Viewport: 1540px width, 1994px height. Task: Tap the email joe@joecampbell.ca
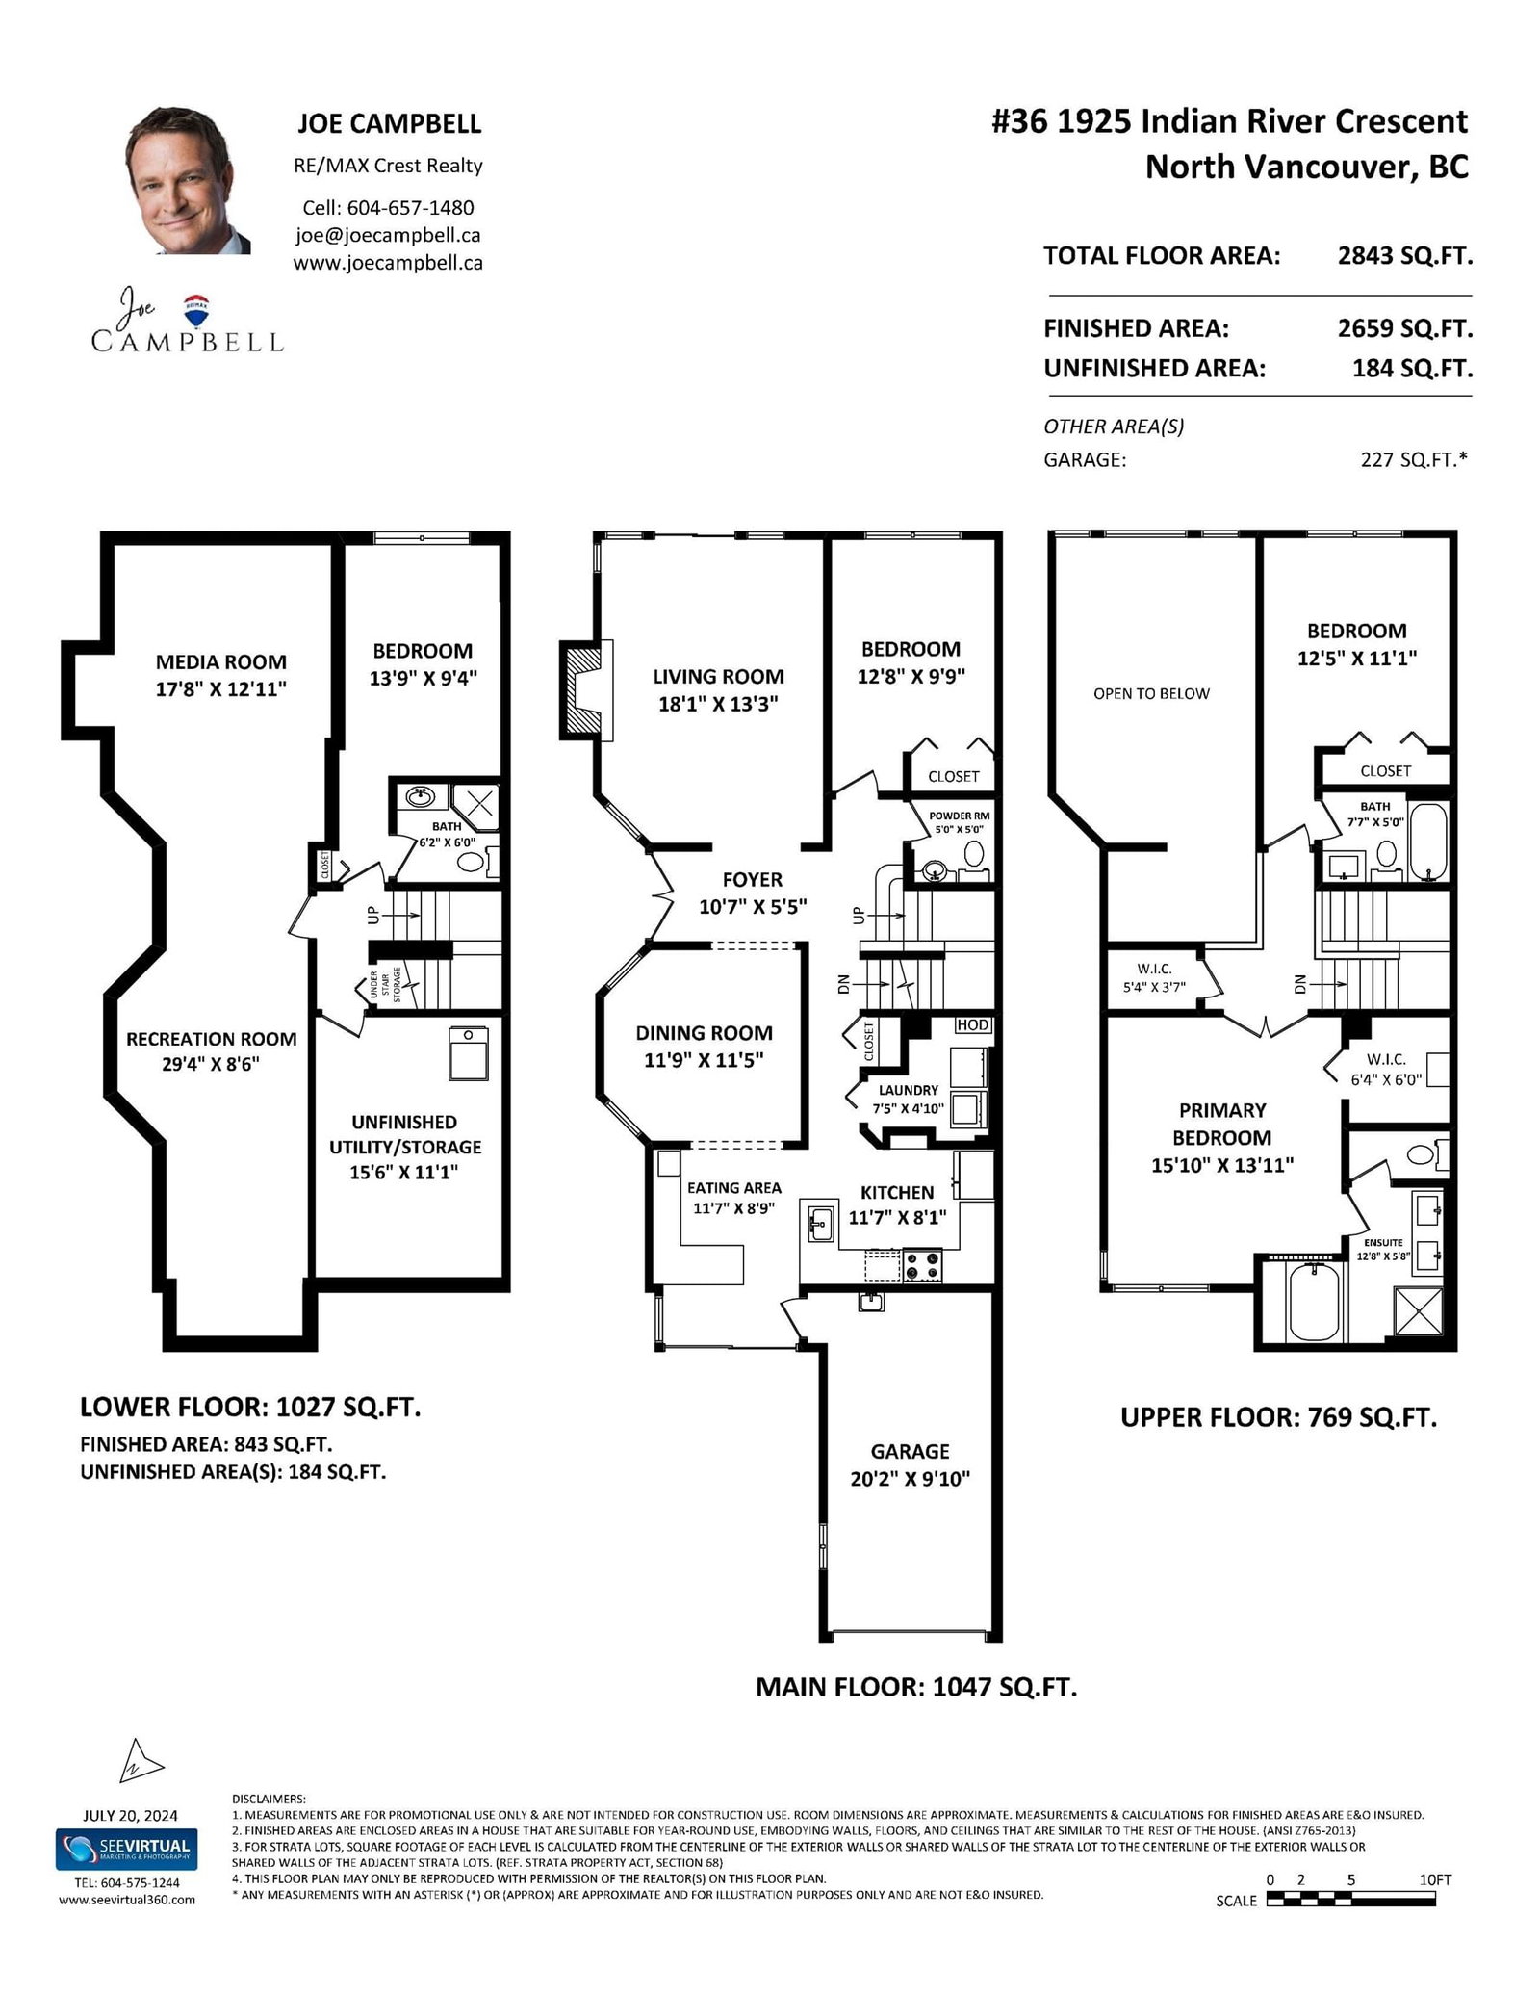[388, 235]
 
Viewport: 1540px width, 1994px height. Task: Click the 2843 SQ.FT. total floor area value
[1405, 256]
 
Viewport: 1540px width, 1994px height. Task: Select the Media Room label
[221, 661]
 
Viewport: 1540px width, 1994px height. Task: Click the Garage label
[911, 1451]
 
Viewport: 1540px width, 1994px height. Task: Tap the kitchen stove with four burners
[923, 1264]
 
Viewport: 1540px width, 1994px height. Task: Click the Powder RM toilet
[973, 856]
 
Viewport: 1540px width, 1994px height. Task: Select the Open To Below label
[1151, 693]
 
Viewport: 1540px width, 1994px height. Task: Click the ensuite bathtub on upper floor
[1315, 1302]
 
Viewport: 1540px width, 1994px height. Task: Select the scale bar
[1351, 1900]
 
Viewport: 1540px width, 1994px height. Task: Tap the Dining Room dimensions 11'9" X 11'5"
[704, 1060]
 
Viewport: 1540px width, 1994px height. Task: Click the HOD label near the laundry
[973, 1024]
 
